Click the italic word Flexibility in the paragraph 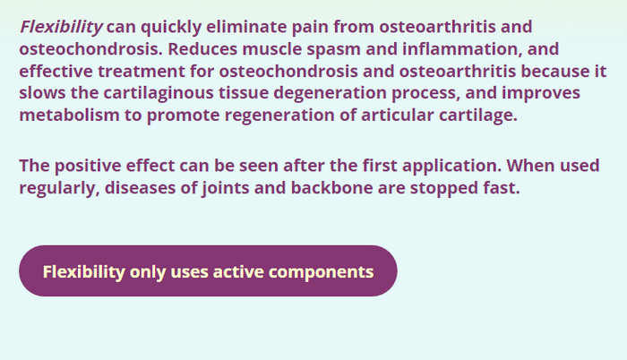(61, 27)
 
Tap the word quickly (171, 27)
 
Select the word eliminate (246, 27)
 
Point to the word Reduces (202, 48)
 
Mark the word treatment (142, 72)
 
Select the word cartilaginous (159, 93)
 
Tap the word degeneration (330, 93)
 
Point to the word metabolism (69, 115)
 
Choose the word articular (397, 115)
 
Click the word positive (88, 166)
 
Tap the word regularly (59, 188)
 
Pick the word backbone (332, 187)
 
